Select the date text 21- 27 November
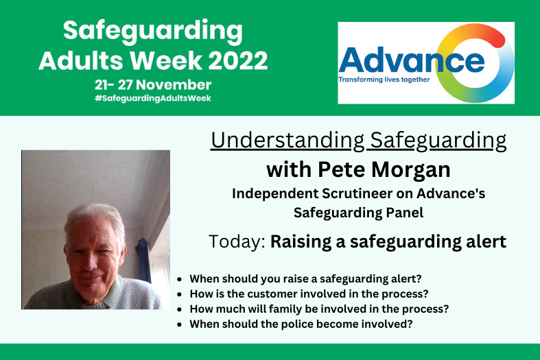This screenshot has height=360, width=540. (153, 85)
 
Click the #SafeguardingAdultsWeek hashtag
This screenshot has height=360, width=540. (153, 98)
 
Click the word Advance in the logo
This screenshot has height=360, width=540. (411, 61)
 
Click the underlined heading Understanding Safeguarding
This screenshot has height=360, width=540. (358, 141)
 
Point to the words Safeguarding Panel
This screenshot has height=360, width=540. (358, 213)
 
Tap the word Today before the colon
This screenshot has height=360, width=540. (236, 241)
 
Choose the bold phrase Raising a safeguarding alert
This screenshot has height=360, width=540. (388, 241)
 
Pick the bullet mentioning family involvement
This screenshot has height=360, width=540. (319, 309)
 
